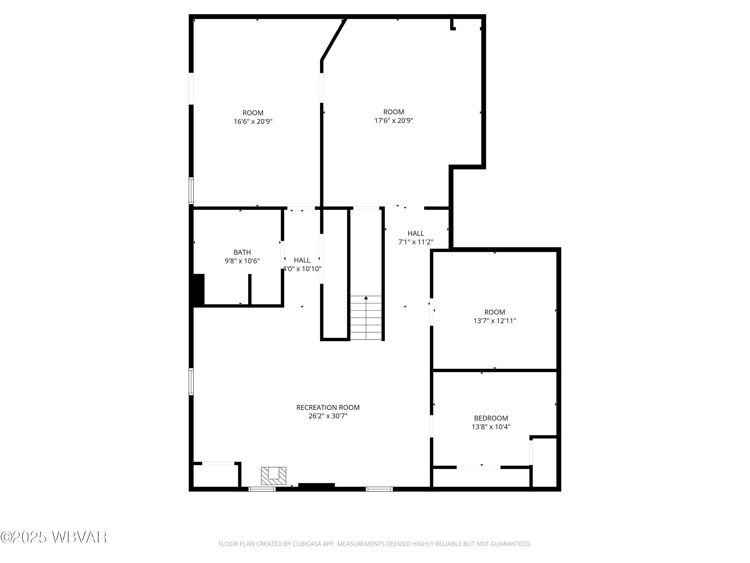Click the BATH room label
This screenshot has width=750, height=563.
[242, 252]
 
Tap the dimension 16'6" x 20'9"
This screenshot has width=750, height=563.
[253, 122]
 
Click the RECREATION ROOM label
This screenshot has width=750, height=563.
[327, 407]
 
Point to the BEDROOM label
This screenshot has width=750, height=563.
[490, 418]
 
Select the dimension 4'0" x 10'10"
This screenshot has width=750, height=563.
[302, 269]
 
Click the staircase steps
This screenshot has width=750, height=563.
[365, 322]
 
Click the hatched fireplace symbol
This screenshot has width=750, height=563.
[273, 476]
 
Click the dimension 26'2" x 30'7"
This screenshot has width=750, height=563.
[327, 416]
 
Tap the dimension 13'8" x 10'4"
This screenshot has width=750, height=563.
[490, 427]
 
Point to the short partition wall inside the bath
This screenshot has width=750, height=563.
[249, 289]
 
